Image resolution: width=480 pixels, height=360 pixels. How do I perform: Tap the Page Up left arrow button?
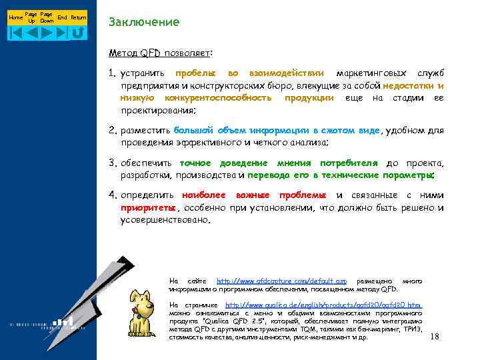pos(31,31)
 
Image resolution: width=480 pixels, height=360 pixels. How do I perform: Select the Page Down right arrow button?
pos(47,31)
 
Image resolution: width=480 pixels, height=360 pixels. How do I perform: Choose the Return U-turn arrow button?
pos(78,31)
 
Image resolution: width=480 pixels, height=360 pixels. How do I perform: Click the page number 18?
pos(435,337)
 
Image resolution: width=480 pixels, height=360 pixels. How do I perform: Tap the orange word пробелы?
pos(195,73)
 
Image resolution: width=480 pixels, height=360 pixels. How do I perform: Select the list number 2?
pos(113,131)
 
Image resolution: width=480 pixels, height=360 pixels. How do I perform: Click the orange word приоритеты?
pos(149,207)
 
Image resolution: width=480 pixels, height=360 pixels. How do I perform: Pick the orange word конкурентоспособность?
pos(217,98)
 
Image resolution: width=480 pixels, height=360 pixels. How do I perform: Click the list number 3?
pos(113,163)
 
